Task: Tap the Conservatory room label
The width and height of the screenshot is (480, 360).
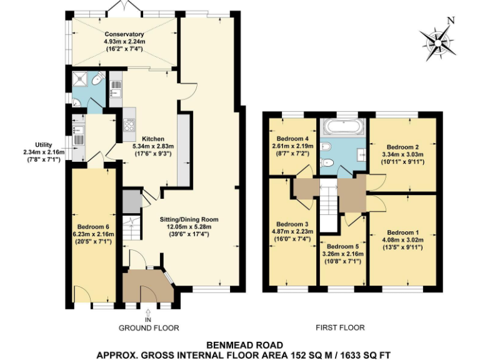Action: point(124,34)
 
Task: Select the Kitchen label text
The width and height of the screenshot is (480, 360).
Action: point(153,139)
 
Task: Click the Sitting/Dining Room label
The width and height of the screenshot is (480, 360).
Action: point(188,219)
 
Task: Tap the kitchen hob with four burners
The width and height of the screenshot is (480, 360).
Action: point(129,124)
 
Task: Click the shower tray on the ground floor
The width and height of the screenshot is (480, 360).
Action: point(79,81)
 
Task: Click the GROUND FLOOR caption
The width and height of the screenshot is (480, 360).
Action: point(149,327)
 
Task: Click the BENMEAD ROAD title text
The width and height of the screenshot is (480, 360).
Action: point(240,344)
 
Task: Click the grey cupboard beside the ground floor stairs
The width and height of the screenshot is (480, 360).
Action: point(132,202)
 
